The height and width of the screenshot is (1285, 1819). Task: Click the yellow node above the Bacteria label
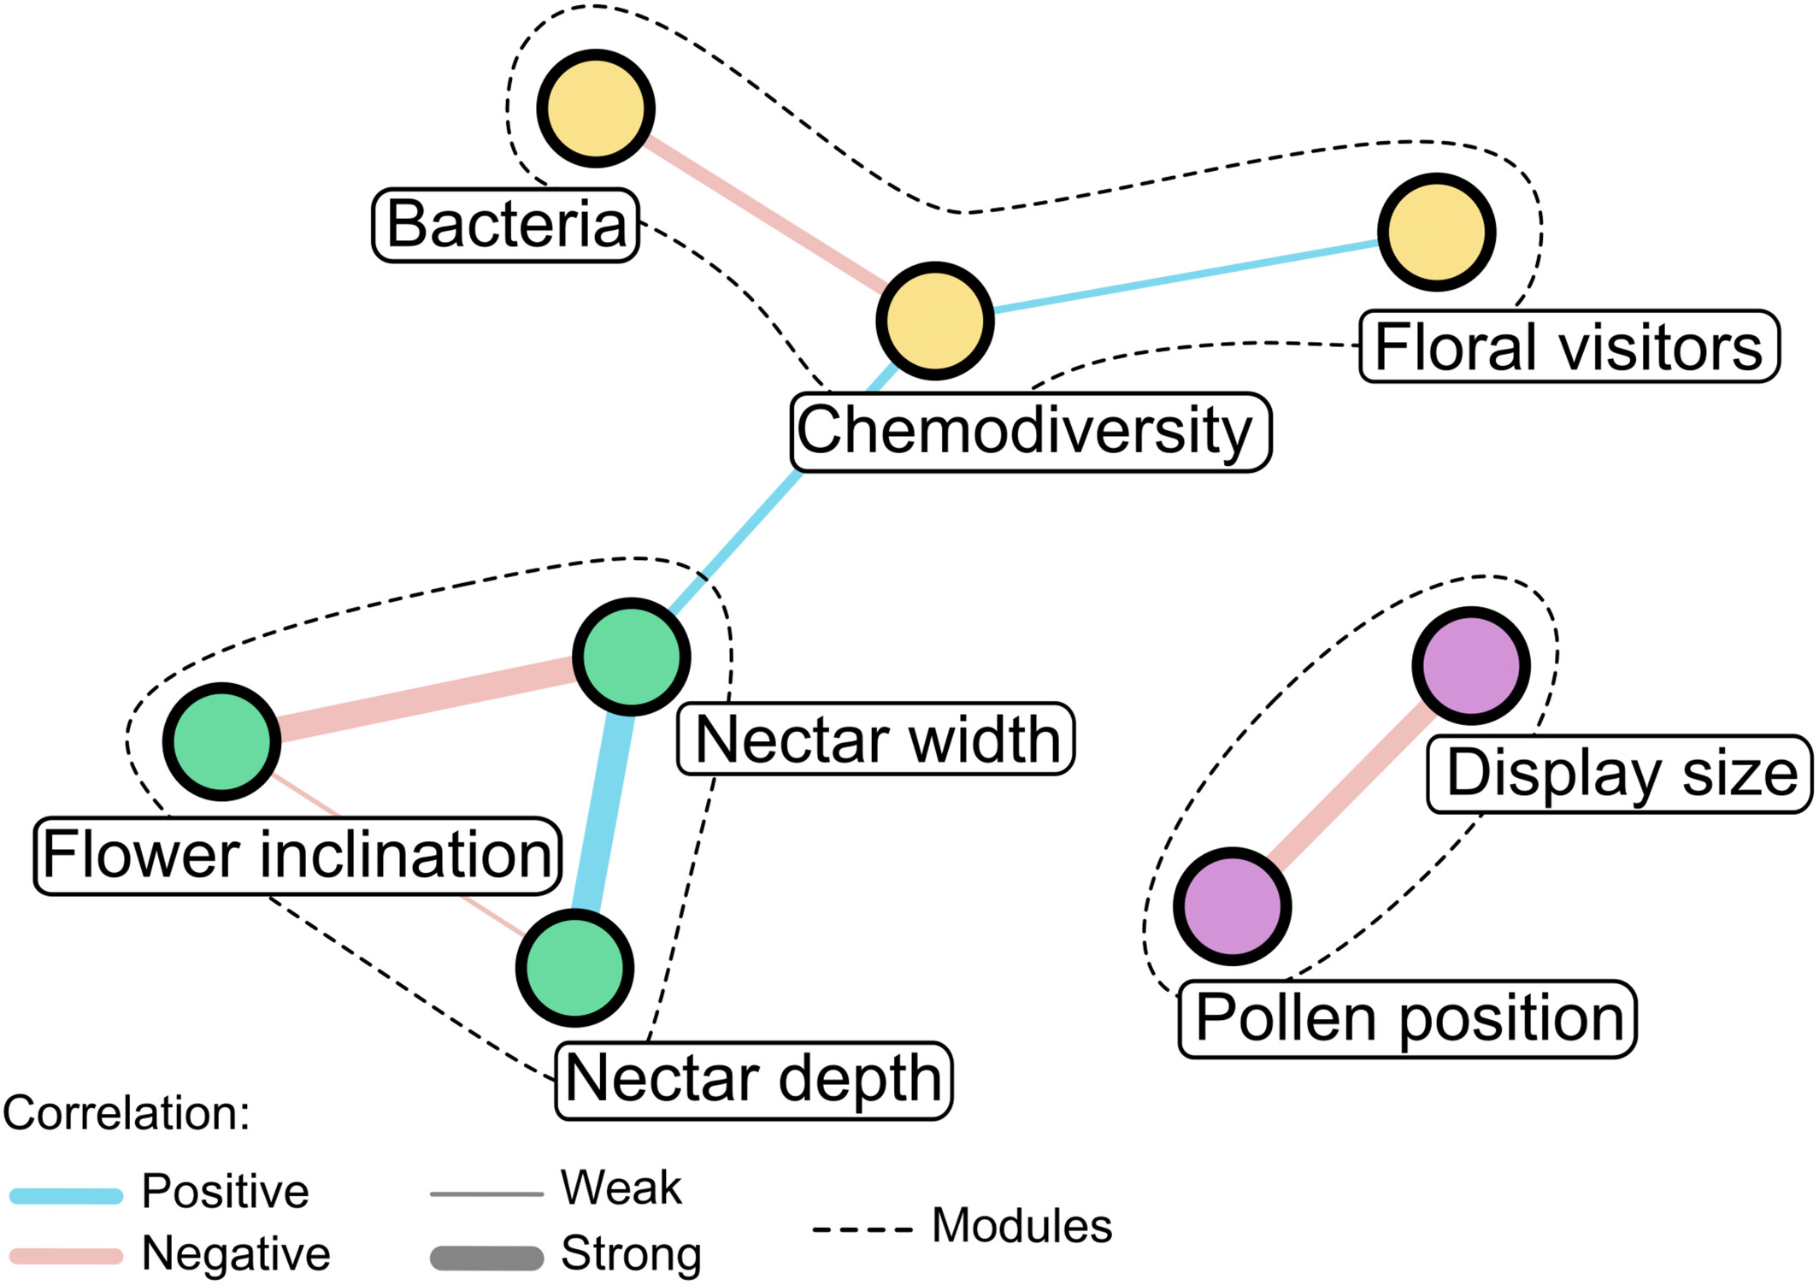tap(596, 109)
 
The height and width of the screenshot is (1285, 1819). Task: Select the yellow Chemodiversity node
tap(934, 321)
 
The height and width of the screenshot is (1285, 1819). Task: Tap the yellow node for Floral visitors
tap(1436, 232)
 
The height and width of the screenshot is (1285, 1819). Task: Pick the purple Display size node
tap(1470, 665)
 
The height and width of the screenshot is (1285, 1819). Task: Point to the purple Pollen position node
tap(1232, 906)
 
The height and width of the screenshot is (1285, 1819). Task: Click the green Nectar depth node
tap(574, 968)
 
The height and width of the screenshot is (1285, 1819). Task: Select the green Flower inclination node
tap(221, 741)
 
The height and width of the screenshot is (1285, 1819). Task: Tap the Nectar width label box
tap(875, 739)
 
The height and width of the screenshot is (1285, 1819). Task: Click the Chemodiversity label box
tap(1030, 432)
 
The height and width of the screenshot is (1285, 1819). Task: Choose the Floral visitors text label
tap(1569, 346)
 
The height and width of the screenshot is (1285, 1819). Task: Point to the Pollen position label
tap(1407, 1018)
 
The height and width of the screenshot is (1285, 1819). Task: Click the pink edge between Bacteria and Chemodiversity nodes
tap(765, 214)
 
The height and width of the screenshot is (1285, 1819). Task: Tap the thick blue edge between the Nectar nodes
tap(603, 812)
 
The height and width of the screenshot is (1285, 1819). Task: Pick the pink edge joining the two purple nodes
tap(1351, 787)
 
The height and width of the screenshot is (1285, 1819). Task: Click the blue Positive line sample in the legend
tap(67, 1195)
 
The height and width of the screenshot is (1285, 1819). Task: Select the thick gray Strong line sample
tap(486, 1258)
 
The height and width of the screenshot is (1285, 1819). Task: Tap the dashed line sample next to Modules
tap(862, 1230)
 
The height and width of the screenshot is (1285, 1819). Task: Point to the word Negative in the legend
tap(236, 1254)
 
